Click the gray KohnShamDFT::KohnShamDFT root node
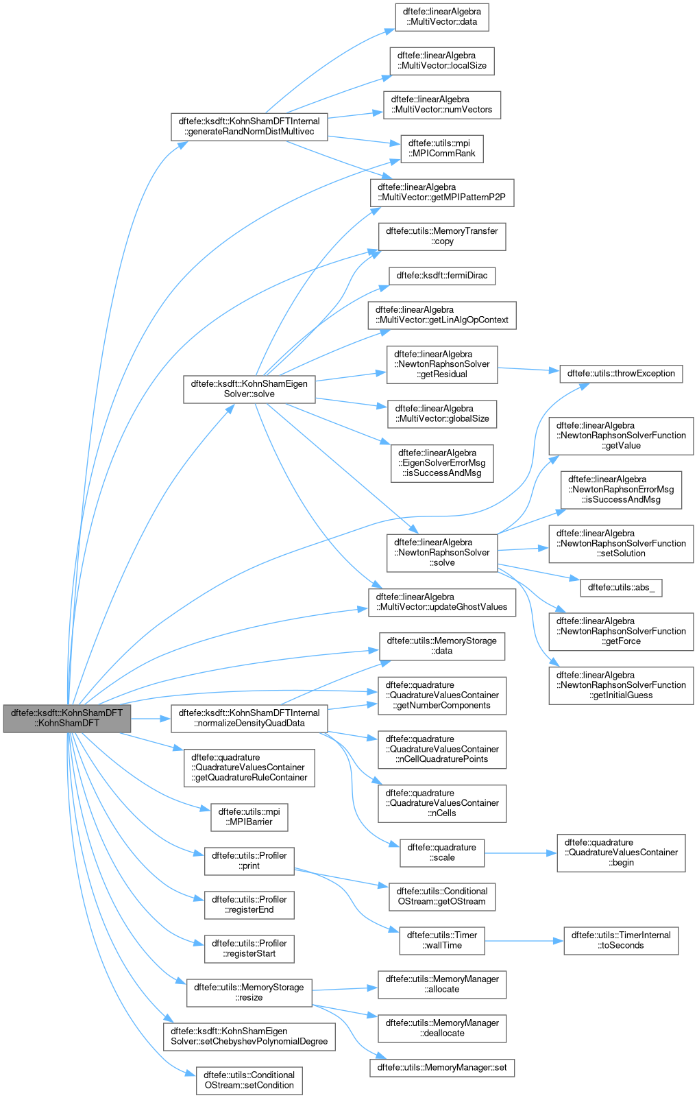[66, 718]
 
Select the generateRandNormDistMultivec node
[249, 126]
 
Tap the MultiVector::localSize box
[441, 60]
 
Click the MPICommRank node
[441, 148]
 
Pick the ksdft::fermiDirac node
[441, 276]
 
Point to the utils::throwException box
[621, 374]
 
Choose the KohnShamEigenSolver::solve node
[249, 389]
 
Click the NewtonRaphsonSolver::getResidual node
[441, 364]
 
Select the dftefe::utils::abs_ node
[621, 588]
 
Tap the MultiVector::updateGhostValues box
[441, 602]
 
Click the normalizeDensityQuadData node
[249, 718]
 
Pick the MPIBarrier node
[249, 817]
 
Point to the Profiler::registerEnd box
[249, 905]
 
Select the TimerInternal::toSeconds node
[621, 940]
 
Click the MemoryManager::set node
[441, 1067]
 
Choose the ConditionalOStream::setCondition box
[249, 1080]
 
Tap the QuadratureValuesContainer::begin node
[621, 852]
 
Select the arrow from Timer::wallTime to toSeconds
[524, 941]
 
